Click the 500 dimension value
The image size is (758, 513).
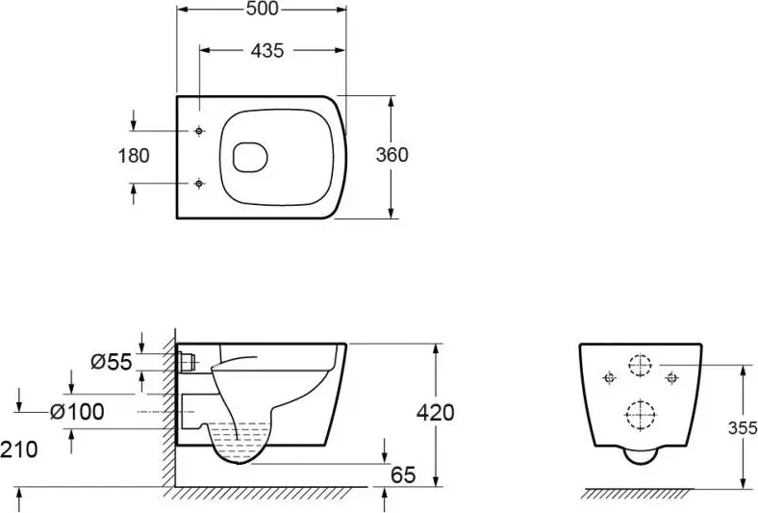pyautogui.click(x=263, y=10)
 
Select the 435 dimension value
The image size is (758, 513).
pyautogui.click(x=267, y=50)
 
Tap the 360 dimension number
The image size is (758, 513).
pyautogui.click(x=392, y=155)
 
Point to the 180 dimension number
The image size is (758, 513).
pyautogui.click(x=134, y=156)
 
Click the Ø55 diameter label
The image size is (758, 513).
pyautogui.click(x=112, y=362)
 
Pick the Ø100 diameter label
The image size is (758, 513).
pyautogui.click(x=77, y=412)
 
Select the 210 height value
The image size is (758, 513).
pyautogui.click(x=19, y=449)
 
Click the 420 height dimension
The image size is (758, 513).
pyautogui.click(x=436, y=413)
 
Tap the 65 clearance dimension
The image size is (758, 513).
pyautogui.click(x=403, y=475)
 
